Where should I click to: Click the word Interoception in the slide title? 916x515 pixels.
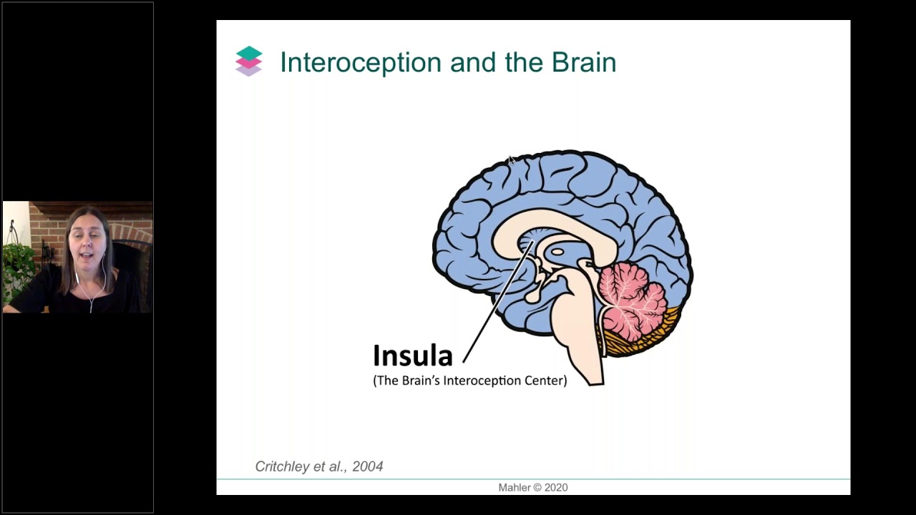[x=361, y=62]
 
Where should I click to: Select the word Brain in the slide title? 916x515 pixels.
[x=584, y=62]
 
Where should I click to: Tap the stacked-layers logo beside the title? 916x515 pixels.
[x=248, y=62]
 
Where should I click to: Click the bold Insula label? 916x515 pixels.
[x=413, y=355]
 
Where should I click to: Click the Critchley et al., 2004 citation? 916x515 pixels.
[x=319, y=466]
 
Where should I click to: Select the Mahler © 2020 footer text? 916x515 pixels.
[x=533, y=487]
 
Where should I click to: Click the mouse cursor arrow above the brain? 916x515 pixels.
[x=511, y=160]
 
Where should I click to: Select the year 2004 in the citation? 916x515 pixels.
[x=368, y=466]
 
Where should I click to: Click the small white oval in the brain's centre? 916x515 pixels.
[x=557, y=252]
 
